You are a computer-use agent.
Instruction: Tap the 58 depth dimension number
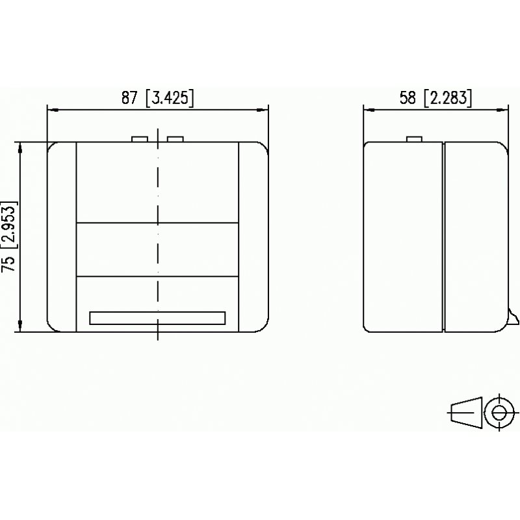pyautogui.click(x=408, y=98)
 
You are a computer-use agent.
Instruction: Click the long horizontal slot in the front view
pyautogui.click(x=157, y=318)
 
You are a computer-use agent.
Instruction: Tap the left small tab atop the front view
pyautogui.click(x=140, y=138)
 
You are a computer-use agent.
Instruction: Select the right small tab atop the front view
pyautogui.click(x=175, y=138)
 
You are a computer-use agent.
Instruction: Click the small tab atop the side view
pyautogui.click(x=414, y=138)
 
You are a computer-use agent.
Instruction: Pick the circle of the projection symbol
pyautogui.click(x=499, y=412)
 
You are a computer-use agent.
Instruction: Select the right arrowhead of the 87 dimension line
pyautogui.click(x=264, y=110)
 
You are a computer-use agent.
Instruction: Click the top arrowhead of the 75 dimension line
pyautogui.click(x=21, y=146)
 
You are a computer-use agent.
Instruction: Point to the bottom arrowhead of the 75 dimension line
pyautogui.click(x=21, y=329)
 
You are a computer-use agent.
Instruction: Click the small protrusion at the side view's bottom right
pyautogui.click(x=513, y=317)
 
